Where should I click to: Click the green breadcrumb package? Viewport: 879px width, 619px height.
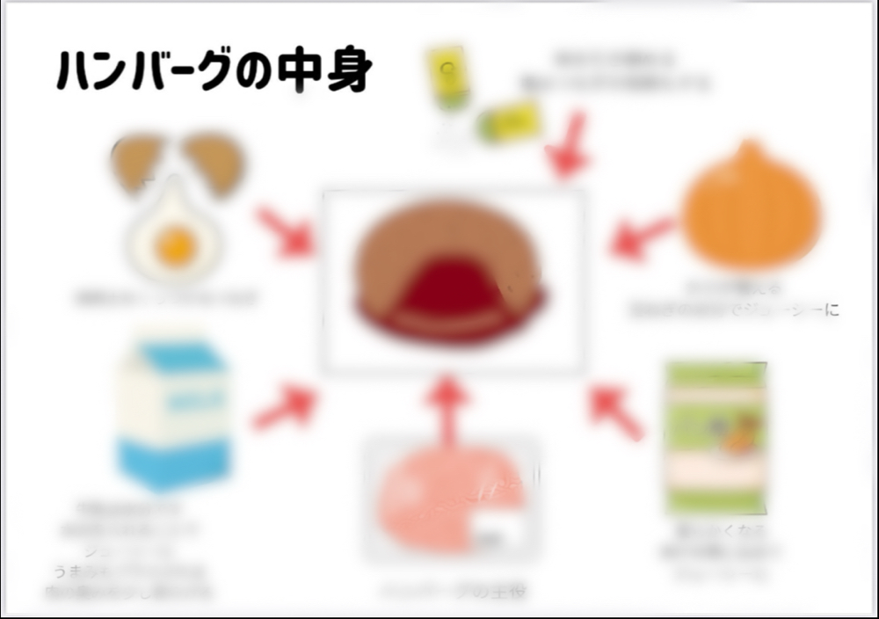(x=715, y=437)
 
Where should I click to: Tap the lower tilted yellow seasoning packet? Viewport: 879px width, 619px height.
(x=508, y=123)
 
